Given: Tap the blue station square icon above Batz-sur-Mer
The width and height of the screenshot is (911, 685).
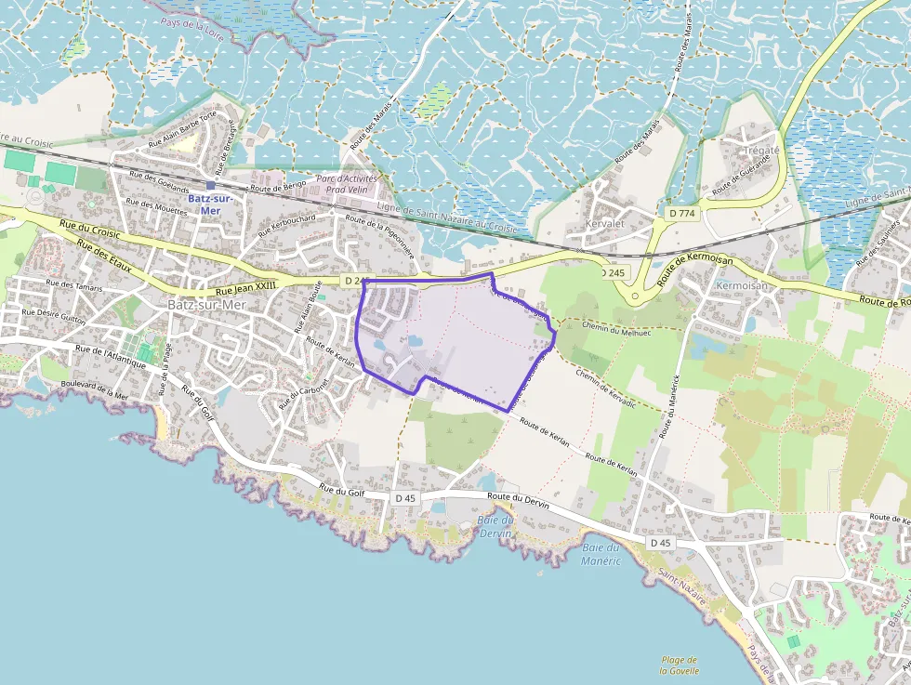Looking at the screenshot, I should [x=211, y=185].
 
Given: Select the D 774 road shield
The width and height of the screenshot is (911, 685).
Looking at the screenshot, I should [x=682, y=214].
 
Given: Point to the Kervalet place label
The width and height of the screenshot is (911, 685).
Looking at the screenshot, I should [x=604, y=224].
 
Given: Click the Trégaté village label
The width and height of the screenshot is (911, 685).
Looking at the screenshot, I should [x=761, y=151].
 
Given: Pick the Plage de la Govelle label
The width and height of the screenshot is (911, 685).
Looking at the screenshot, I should [x=679, y=664].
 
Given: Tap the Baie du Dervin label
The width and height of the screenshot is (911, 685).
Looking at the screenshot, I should [x=495, y=526].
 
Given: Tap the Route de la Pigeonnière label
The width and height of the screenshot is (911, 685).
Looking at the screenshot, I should [x=378, y=236].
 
